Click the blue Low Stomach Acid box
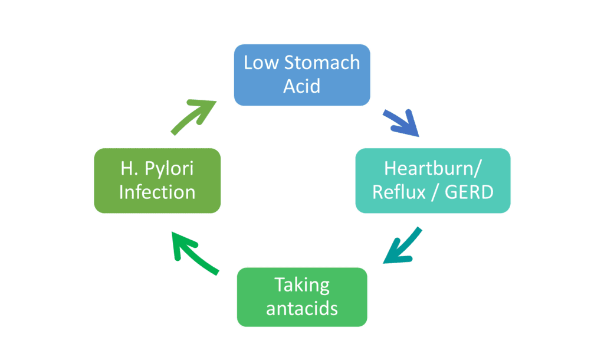point(302,74)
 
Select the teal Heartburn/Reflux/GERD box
point(432,180)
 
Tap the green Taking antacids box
point(302,297)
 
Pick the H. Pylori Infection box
point(157,180)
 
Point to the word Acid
point(302,86)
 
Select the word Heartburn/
point(432,169)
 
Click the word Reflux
point(398,192)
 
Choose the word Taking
point(302,286)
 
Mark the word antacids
point(302,309)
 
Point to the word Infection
point(157,192)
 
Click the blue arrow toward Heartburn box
point(401,122)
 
